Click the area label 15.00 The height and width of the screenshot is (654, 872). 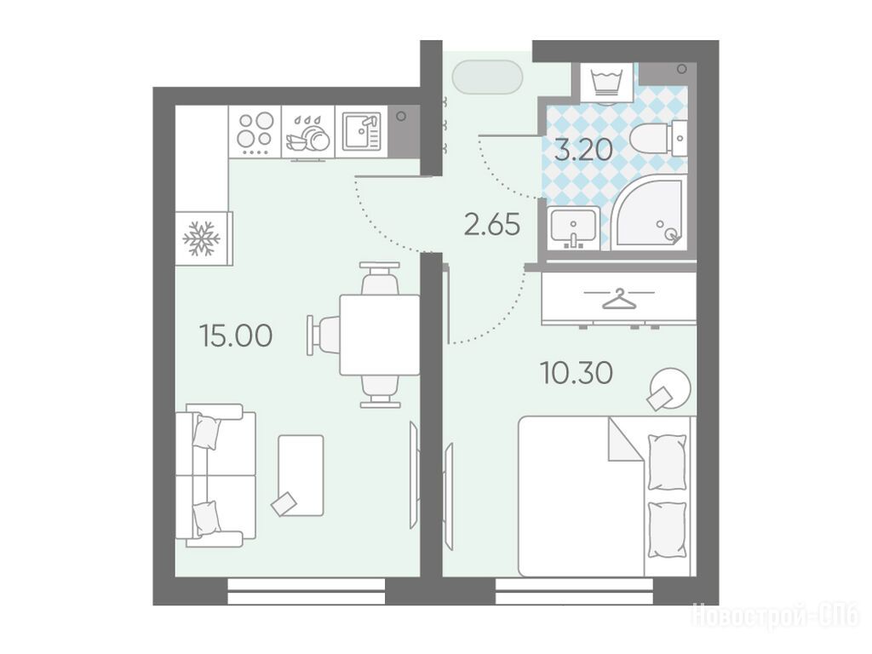pyautogui.click(x=236, y=336)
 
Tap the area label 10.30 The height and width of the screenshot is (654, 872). pyautogui.click(x=577, y=373)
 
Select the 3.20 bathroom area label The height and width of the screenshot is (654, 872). pyautogui.click(x=584, y=149)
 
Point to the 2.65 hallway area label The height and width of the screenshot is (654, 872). pyautogui.click(x=492, y=225)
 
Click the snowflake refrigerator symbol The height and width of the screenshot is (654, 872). pyautogui.click(x=201, y=239)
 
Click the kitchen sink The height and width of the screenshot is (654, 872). pyautogui.click(x=361, y=131)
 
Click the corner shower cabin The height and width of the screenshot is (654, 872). pyautogui.click(x=651, y=215)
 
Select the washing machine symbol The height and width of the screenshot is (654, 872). pyautogui.click(x=606, y=83)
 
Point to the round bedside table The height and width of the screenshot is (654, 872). pyautogui.click(x=670, y=387)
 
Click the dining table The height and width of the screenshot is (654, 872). pyautogui.click(x=380, y=336)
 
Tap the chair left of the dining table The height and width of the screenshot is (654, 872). pyautogui.click(x=324, y=335)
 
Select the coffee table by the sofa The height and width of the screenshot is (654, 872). pyautogui.click(x=301, y=475)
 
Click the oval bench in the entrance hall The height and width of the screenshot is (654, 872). pyautogui.click(x=488, y=77)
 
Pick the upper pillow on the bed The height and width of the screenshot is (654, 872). pyautogui.click(x=667, y=462)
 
